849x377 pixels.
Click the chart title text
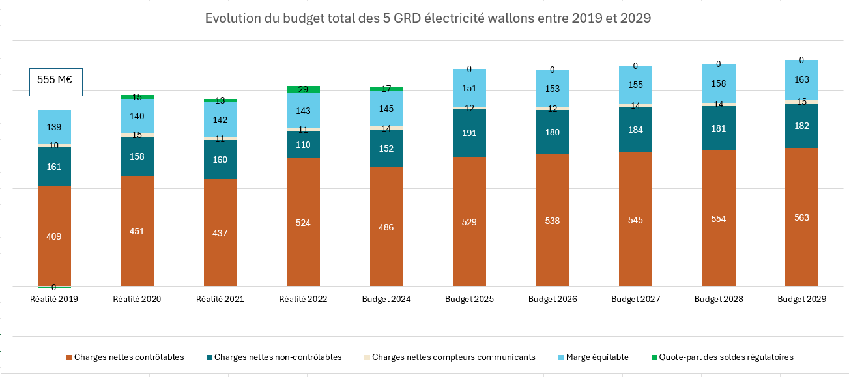pyautogui.click(x=428, y=18)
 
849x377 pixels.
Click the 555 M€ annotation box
pyautogui.click(x=55, y=81)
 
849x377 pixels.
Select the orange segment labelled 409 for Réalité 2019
pyautogui.click(x=54, y=236)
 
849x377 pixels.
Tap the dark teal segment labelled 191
pyautogui.click(x=469, y=133)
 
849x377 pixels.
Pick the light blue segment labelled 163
pyautogui.click(x=801, y=79)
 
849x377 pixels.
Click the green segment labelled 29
pyautogui.click(x=303, y=89)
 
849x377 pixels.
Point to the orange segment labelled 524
pyautogui.click(x=303, y=222)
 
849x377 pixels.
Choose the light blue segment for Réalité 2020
pyautogui.click(x=137, y=117)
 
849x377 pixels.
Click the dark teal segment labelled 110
pyautogui.click(x=303, y=145)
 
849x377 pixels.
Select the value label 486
pyautogui.click(x=386, y=227)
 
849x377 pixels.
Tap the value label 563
pyautogui.click(x=801, y=217)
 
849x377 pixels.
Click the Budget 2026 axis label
pyautogui.click(x=553, y=300)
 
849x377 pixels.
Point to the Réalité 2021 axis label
pyautogui.click(x=220, y=300)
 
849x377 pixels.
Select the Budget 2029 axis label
pyautogui.click(x=802, y=300)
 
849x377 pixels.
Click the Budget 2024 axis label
pyautogui.click(x=386, y=300)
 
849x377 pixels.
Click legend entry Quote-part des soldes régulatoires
pyautogui.click(x=726, y=357)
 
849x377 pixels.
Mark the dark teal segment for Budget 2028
pyautogui.click(x=719, y=128)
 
